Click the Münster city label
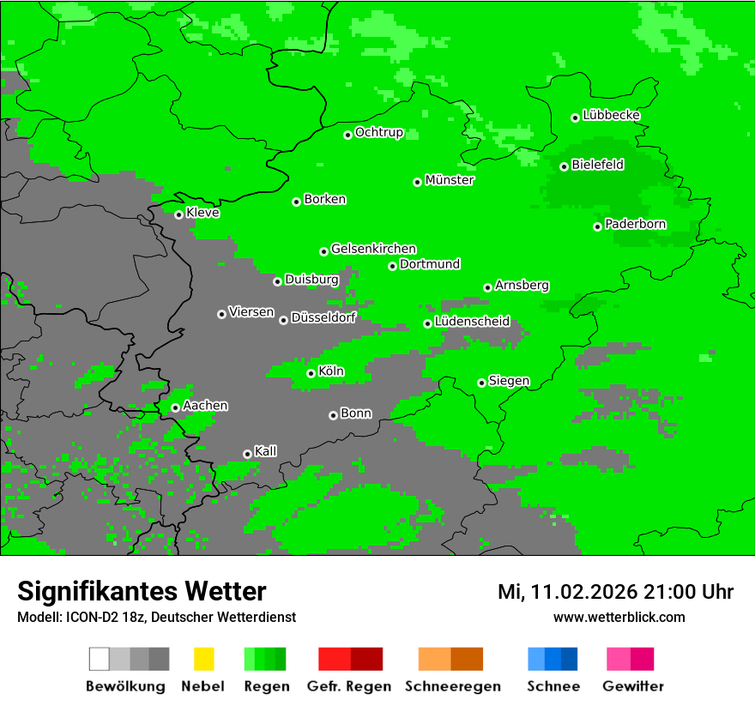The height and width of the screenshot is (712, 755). (450, 180)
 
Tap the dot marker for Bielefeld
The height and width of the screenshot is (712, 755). (564, 166)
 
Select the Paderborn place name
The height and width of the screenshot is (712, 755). (636, 225)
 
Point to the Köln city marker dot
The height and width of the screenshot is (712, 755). (311, 373)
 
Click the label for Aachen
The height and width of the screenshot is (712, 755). (205, 406)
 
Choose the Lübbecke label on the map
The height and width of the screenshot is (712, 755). (612, 115)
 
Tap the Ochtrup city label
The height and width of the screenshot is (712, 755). (379, 133)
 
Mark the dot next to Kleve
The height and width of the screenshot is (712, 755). (178, 214)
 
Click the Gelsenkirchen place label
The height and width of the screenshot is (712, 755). (373, 249)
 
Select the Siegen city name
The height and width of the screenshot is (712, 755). (509, 381)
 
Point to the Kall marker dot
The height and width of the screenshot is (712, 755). (247, 454)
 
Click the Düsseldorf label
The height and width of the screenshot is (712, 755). (323, 317)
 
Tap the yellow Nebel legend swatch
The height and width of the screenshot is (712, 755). (203, 659)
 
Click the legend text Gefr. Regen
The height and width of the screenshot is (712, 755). (349, 686)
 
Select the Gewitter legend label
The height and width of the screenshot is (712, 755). (633, 686)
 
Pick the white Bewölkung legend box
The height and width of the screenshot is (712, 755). (100, 659)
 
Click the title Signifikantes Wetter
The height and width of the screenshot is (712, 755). (142, 591)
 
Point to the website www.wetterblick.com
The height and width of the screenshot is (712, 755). (619, 617)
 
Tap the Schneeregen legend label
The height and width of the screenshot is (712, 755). (453, 686)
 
